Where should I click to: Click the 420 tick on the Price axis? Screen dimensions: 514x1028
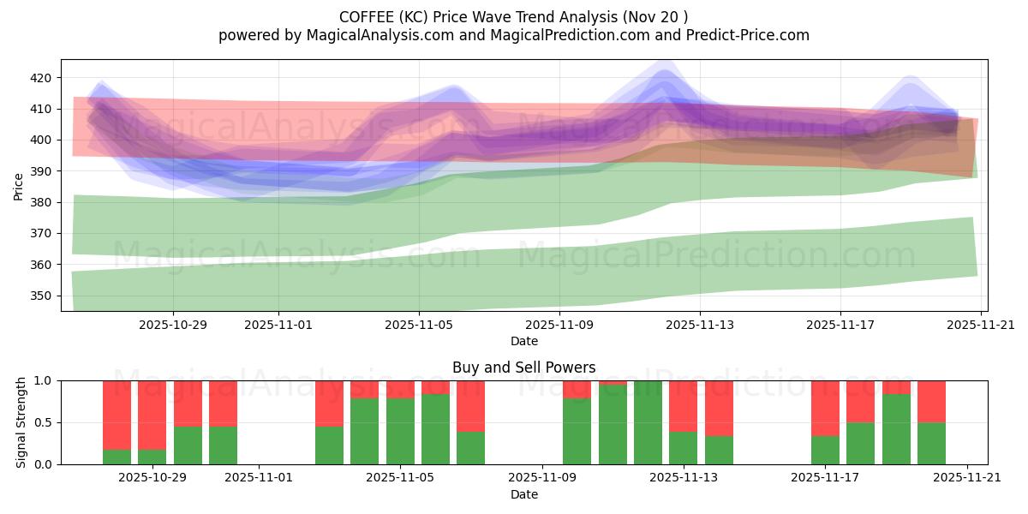coord(42,78)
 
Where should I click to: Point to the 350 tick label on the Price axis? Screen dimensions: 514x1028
coord(42,296)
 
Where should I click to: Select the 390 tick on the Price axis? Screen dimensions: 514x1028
coord(42,171)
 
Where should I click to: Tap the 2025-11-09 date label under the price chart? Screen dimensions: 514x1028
coord(559,325)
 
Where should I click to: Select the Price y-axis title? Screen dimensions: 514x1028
coord(19,185)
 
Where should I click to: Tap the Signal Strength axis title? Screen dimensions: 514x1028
coord(21,422)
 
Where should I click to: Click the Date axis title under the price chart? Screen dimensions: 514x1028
coord(524,341)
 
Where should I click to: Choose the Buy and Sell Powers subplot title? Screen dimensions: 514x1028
coord(524,368)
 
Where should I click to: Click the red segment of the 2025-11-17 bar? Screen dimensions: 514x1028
coord(825,408)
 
